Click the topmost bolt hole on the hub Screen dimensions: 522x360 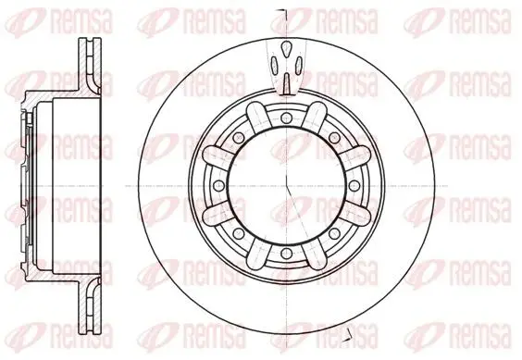(286, 118)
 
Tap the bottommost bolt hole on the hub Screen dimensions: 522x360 (286, 254)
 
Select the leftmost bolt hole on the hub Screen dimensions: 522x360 (218, 185)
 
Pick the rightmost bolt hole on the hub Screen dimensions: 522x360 (354, 185)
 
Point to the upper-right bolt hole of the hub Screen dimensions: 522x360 (334, 137)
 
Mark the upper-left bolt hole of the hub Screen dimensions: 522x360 (239, 137)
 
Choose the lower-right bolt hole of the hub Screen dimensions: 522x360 (334, 233)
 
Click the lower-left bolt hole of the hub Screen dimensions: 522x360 (239, 233)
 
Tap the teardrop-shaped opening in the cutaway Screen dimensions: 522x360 (286, 49)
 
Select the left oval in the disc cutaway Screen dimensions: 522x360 (275, 65)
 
